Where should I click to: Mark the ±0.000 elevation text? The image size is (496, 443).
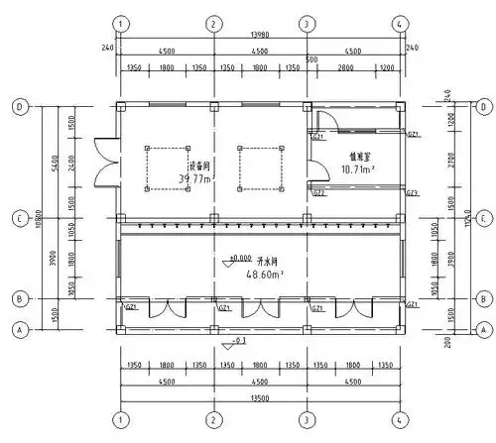(239, 258)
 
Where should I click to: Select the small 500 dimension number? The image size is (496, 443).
(311, 59)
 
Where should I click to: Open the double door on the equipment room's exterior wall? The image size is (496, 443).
(101, 162)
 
